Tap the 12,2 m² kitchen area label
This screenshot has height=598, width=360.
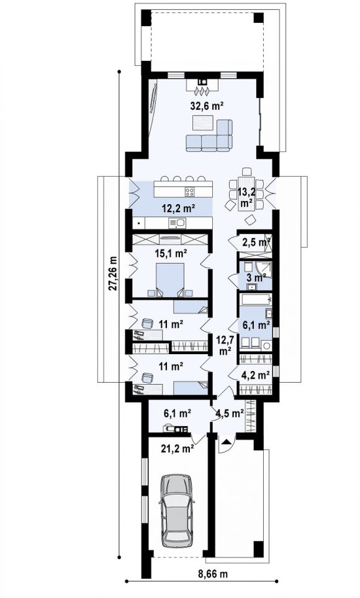click(179, 208)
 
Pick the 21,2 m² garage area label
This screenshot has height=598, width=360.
click(177, 449)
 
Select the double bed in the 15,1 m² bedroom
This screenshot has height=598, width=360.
click(170, 278)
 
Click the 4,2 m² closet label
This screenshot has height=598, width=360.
click(256, 375)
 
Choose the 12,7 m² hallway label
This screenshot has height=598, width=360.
click(225, 345)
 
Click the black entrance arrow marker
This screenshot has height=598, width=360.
click(227, 442)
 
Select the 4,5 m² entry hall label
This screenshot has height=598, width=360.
click(230, 413)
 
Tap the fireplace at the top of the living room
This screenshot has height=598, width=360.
click(202, 86)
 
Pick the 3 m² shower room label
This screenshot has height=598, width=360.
click(256, 278)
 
